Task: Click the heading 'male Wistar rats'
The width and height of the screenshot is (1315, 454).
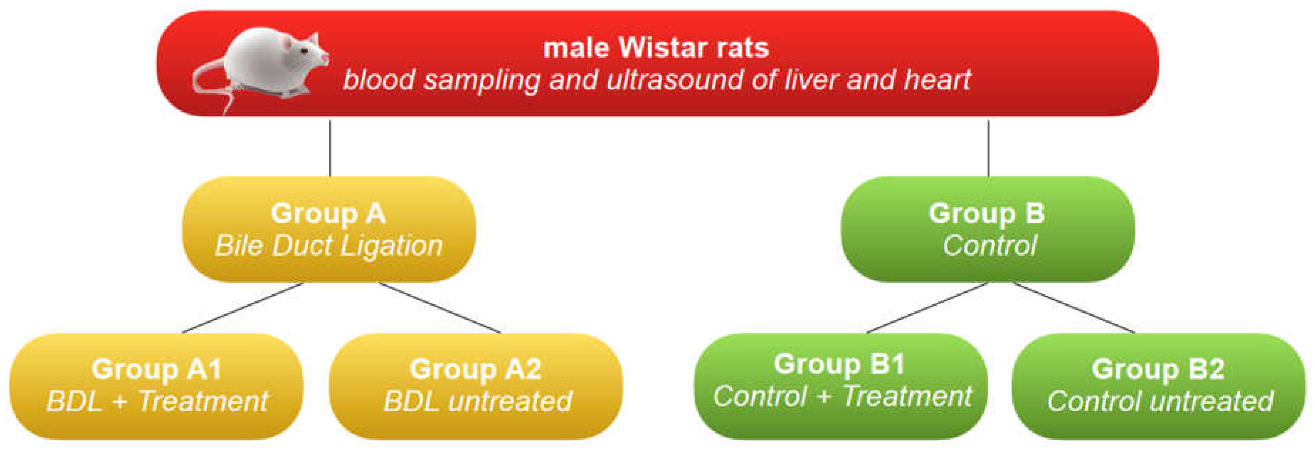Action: pos(656,48)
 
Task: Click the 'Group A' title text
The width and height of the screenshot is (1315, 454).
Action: pos(328,213)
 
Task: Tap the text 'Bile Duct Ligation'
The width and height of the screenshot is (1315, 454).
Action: pos(328,246)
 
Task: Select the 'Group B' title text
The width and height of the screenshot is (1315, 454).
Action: pos(987,213)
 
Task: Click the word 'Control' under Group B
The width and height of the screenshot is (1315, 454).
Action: pos(989,246)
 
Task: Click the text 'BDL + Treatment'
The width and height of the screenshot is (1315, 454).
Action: pos(157,401)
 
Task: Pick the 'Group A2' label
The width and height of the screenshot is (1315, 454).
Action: pos(475,369)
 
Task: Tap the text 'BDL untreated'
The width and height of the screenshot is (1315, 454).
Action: pos(477,401)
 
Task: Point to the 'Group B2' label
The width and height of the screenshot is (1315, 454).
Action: pos(1157,369)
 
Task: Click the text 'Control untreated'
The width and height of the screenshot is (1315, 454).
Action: pos(1160,401)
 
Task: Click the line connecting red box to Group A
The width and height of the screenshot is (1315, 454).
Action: pos(330,148)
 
